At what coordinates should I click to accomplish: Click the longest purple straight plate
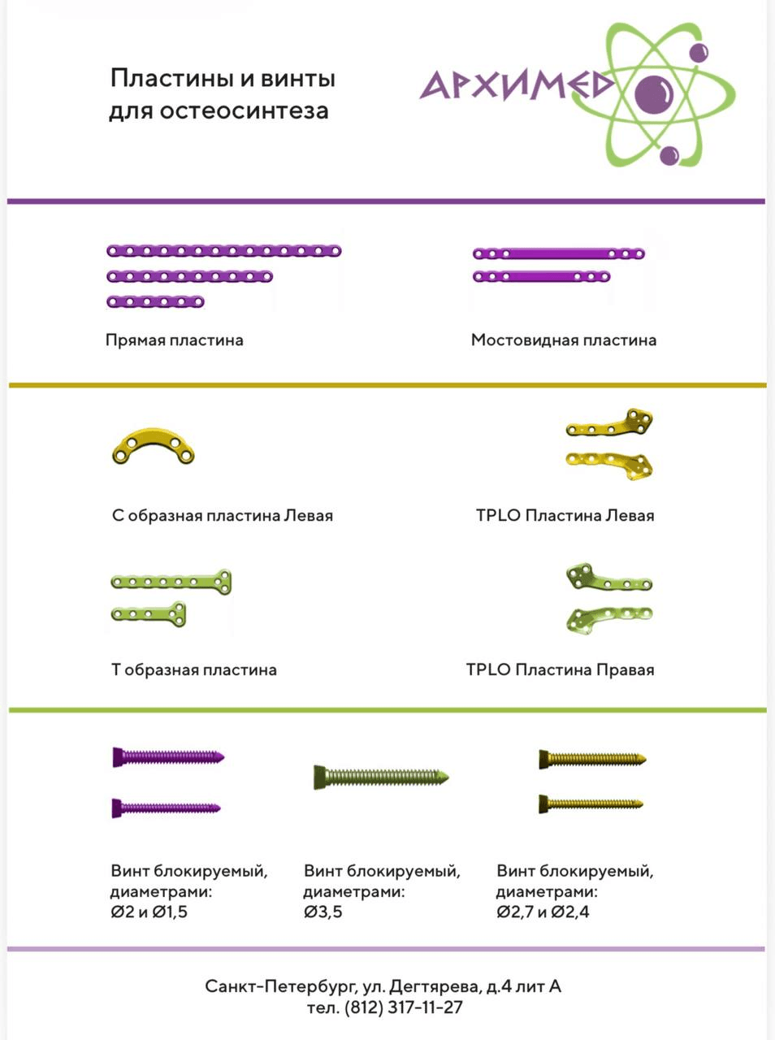[224, 250]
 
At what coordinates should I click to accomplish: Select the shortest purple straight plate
[155, 301]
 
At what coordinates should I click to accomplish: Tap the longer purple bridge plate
[559, 254]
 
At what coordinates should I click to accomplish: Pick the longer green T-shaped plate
[171, 582]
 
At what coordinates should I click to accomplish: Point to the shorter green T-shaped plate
[149, 614]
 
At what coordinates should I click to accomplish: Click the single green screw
[381, 777]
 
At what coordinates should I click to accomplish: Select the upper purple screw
[168, 757]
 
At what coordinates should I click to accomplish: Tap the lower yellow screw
[591, 804]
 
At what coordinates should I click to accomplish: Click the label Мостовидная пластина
[564, 340]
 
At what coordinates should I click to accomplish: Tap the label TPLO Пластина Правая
[561, 670]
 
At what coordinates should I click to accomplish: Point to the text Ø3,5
[323, 912]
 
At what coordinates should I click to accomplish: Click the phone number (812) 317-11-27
[404, 1007]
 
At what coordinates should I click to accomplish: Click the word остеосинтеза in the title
[244, 111]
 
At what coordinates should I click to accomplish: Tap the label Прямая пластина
[175, 340]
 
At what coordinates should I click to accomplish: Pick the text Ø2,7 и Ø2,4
[543, 912]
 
